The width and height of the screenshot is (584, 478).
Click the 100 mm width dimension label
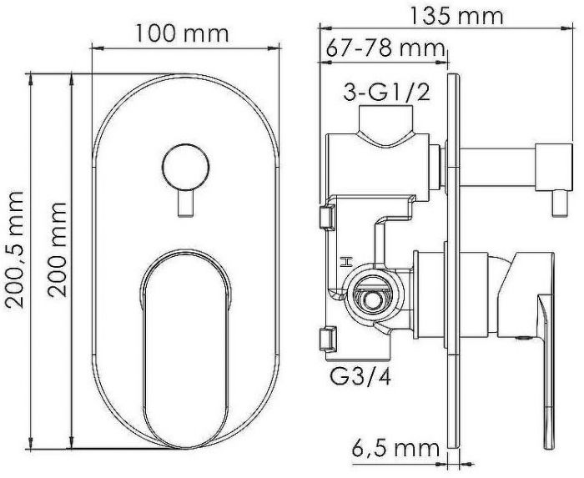click(182, 33)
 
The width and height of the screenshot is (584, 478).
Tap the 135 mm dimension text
click(456, 16)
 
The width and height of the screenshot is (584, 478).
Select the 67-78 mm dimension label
click(385, 48)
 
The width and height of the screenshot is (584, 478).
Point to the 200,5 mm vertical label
click(14, 250)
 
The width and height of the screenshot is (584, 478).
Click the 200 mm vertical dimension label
click(57, 250)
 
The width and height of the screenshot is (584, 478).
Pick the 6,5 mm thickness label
click(395, 449)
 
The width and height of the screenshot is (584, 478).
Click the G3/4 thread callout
click(360, 377)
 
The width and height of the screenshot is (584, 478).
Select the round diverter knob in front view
click(185, 166)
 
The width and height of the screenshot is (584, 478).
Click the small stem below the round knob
click(185, 203)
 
